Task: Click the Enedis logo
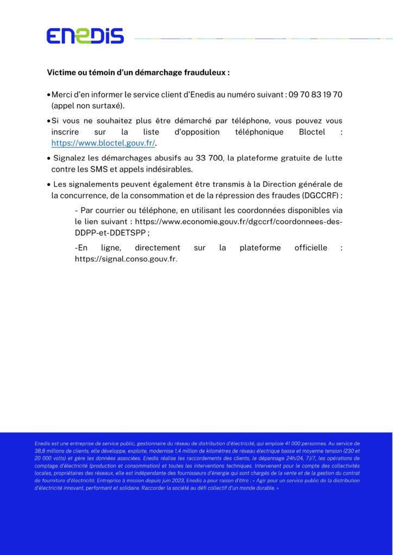tap(85, 36)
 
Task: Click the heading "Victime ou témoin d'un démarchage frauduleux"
tap(138, 72)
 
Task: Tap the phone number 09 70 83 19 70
tap(316, 94)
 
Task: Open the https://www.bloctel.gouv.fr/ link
tap(103, 143)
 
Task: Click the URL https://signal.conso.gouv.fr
tap(125, 259)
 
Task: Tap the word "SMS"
tap(106, 169)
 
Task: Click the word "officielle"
tap(311, 248)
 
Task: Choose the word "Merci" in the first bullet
tap(62, 94)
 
